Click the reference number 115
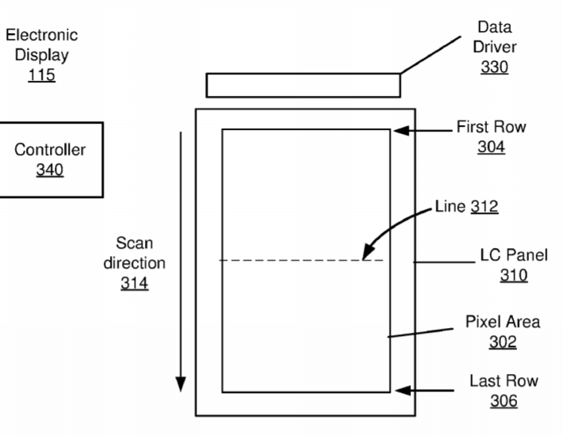coord(42,75)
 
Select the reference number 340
coord(50,170)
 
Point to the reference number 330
coord(494,67)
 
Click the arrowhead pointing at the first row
coord(401,131)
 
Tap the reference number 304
coord(491,147)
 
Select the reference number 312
coord(485,206)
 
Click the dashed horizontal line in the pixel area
coord(302,260)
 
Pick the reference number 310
coord(514,275)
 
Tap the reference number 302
coord(503,342)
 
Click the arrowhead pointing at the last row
coord(403,390)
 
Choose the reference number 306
coord(504,400)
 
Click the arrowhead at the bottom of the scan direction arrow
coord(181,384)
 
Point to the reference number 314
coord(135,283)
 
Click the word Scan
coord(135,243)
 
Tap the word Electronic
coord(42,35)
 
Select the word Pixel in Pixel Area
coord(481,322)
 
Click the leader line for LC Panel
coord(444,262)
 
